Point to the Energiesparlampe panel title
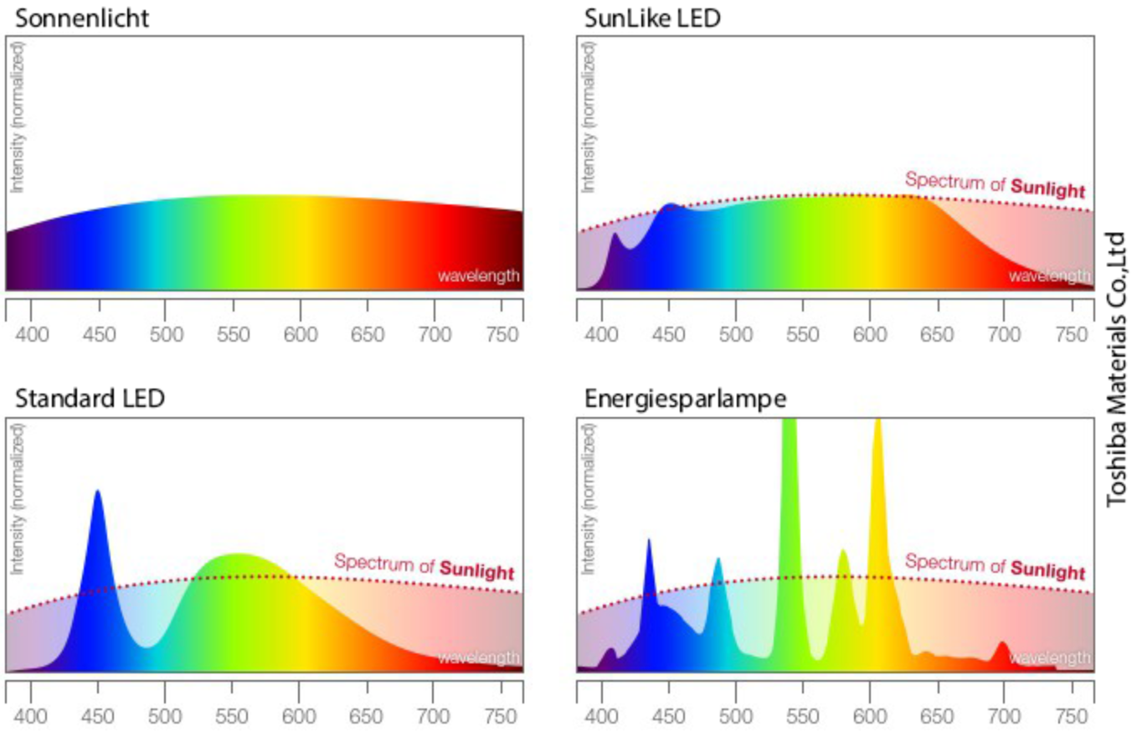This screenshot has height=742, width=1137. click(685, 399)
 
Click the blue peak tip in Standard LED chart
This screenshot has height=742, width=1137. click(98, 493)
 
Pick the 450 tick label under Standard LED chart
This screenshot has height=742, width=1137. click(98, 716)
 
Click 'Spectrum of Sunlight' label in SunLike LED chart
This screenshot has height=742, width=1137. click(996, 183)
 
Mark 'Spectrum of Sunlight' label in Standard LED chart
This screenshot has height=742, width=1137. click(424, 566)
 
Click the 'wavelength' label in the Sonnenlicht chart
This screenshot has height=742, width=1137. click(479, 276)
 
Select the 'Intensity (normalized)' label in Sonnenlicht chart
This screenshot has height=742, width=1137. click(18, 116)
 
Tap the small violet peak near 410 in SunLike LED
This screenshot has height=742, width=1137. click(615, 237)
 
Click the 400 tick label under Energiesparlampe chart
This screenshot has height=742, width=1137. click(602, 716)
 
